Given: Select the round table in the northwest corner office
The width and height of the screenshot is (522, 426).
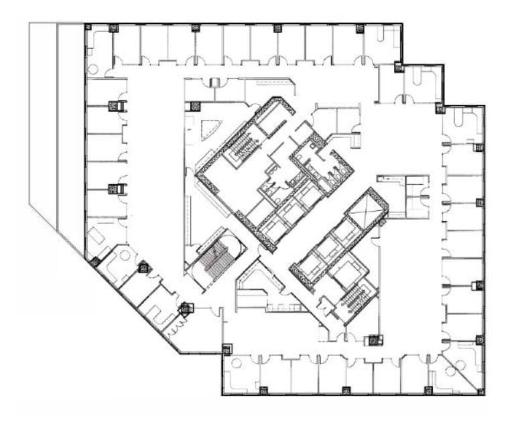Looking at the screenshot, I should (x=92, y=68).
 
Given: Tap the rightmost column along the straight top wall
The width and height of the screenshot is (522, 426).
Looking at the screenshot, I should (x=360, y=28).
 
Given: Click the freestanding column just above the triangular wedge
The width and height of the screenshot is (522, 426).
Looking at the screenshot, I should (x=195, y=105).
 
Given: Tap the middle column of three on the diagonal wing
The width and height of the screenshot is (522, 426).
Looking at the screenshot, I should (x=143, y=268).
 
